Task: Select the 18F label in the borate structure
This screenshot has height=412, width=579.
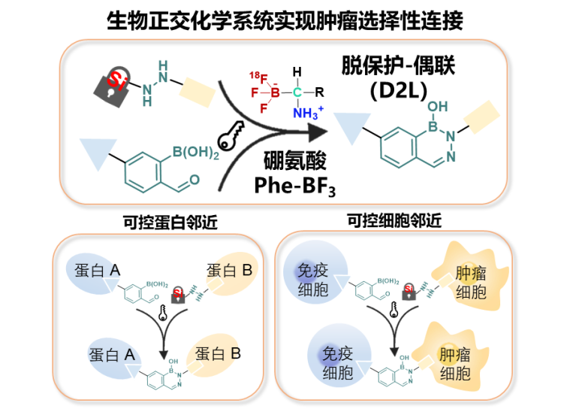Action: click(x=257, y=74)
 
